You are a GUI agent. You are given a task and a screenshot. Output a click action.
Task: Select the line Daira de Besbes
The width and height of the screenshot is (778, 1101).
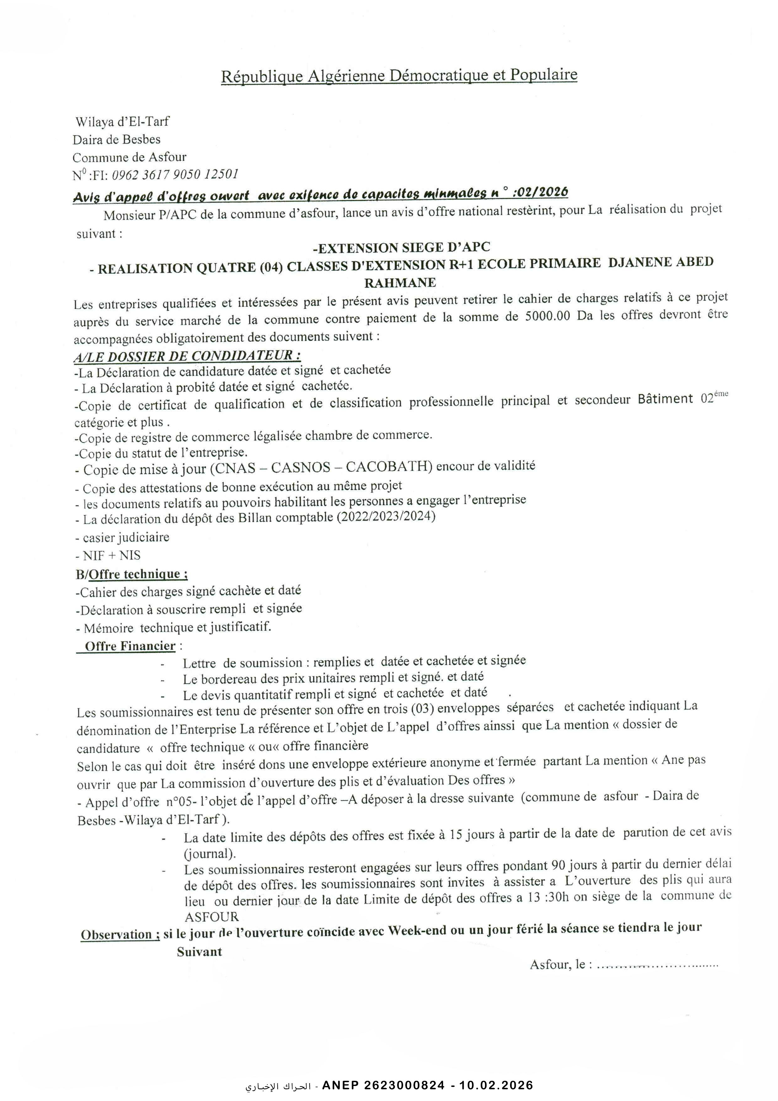116,140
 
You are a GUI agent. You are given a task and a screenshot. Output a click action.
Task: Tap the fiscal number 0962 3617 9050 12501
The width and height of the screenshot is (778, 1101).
175,175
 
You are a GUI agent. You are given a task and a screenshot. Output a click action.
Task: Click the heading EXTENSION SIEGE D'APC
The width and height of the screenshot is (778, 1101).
402,247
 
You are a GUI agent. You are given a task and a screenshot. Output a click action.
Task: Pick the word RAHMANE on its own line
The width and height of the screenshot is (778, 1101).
400,282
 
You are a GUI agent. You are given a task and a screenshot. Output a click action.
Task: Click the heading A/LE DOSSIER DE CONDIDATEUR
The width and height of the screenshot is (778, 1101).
187,356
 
